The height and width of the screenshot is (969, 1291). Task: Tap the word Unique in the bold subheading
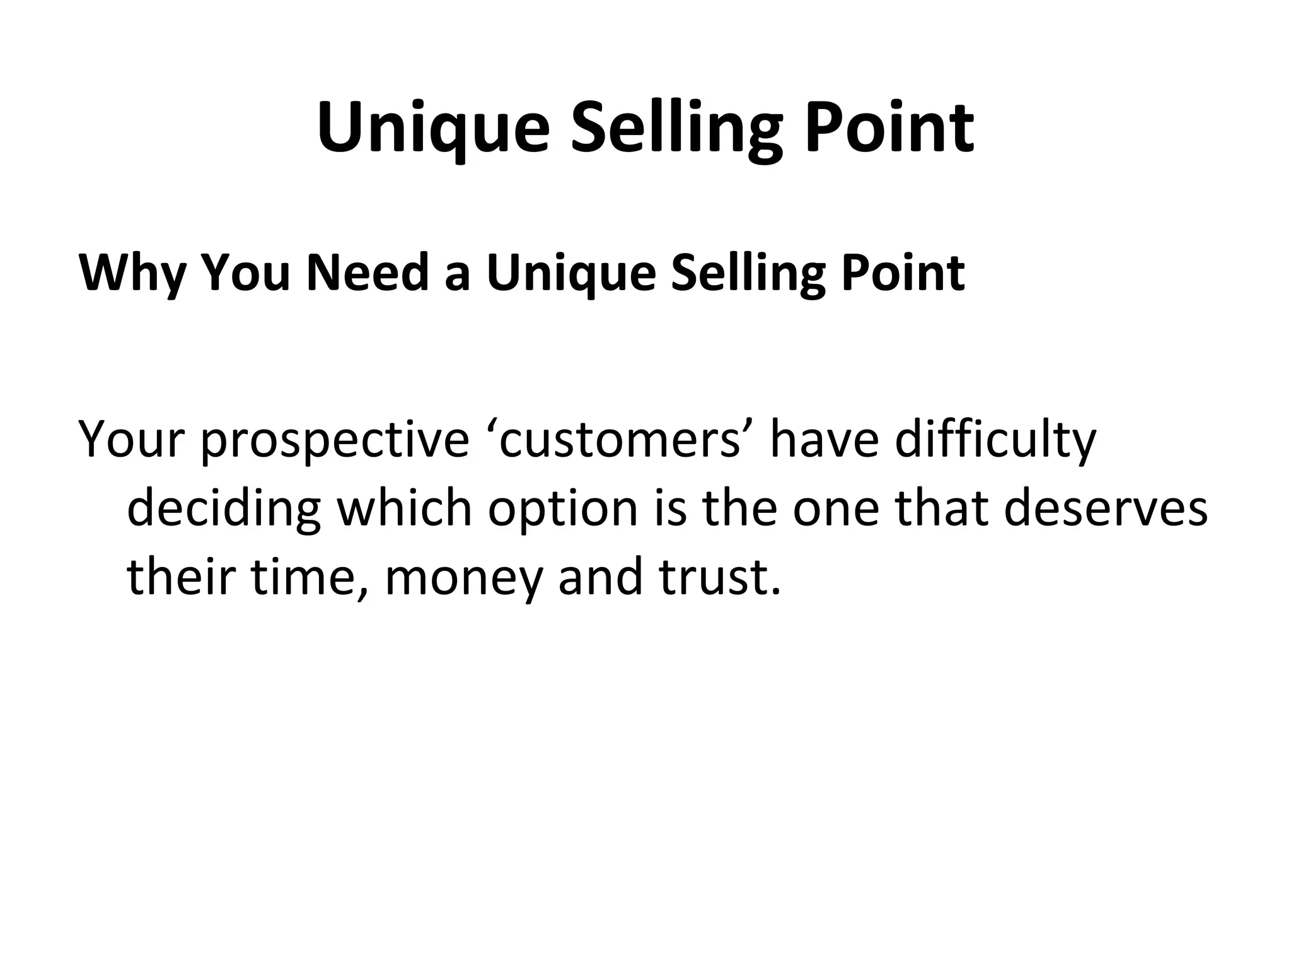pos(570,273)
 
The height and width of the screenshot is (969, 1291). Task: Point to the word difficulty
pos(996,440)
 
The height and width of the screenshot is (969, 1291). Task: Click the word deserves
pos(1105,508)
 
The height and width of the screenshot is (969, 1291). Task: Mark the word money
pos(463,577)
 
